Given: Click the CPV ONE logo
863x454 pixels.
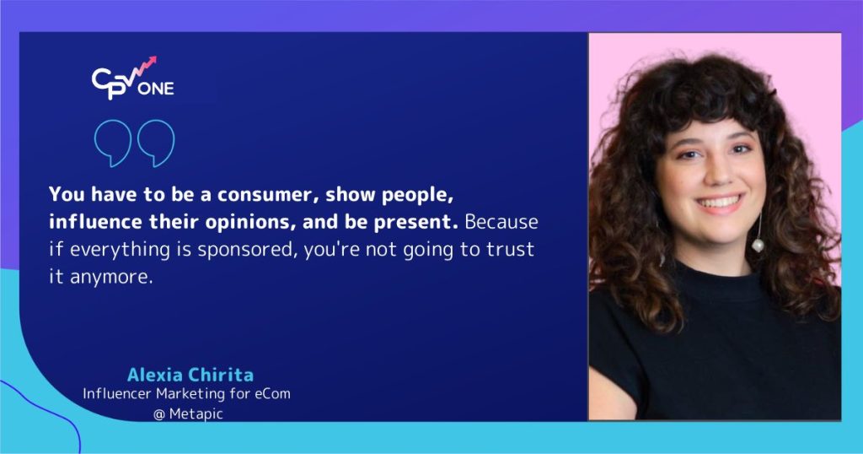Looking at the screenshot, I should tap(132, 78).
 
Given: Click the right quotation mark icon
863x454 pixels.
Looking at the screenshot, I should tap(155, 143).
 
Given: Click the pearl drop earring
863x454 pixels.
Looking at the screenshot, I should tap(757, 246).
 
